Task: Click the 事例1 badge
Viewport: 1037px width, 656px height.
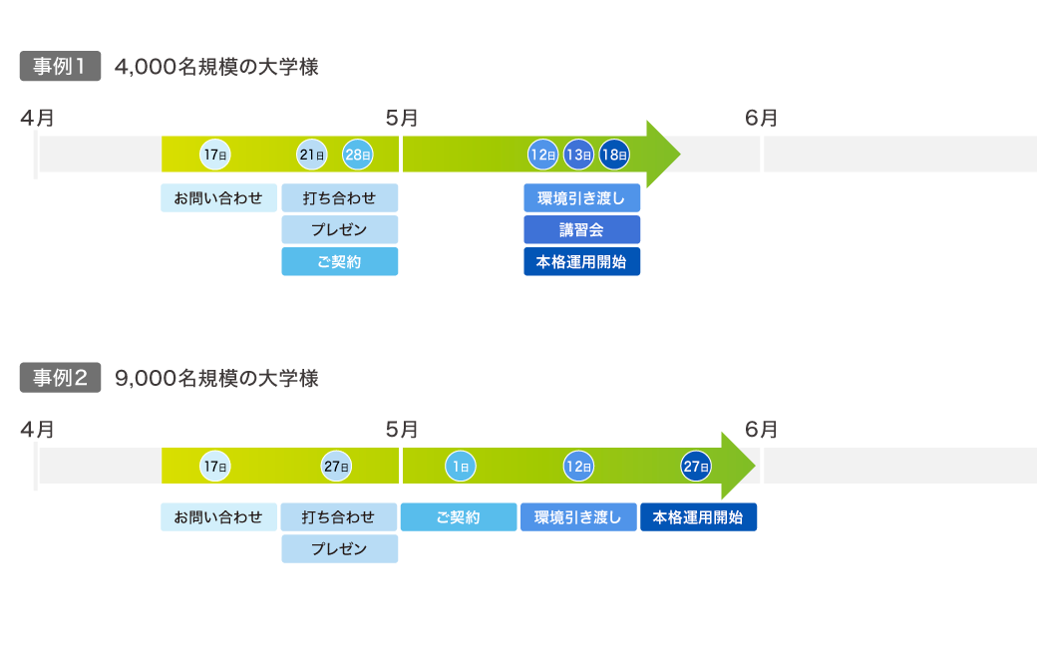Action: point(60,68)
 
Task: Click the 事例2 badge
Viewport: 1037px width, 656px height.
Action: point(60,379)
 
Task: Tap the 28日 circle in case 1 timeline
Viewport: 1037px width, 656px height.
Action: point(358,155)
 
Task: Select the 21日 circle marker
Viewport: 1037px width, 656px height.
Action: point(312,155)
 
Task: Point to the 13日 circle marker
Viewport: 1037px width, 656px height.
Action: point(578,155)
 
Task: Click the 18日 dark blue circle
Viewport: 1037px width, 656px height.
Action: point(614,155)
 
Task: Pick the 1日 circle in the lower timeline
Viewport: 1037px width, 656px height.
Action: point(460,466)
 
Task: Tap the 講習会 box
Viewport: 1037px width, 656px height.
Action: point(581,230)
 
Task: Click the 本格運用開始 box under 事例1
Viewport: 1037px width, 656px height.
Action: point(581,262)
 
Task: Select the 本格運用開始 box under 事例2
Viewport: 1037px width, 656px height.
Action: point(698,517)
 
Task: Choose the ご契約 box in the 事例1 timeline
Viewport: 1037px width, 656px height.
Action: point(339,262)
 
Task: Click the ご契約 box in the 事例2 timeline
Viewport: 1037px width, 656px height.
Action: point(459,517)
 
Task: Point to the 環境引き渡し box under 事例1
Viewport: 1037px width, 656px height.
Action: point(581,198)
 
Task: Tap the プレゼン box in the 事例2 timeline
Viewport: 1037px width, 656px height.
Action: point(339,549)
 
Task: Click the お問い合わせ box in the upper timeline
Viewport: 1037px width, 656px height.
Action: point(218,198)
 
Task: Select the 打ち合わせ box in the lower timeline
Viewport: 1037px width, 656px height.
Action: point(339,517)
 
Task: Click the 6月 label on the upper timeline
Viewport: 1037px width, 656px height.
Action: point(762,119)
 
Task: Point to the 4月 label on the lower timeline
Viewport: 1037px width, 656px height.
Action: point(37,430)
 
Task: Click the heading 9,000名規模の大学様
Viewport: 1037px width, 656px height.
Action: point(217,379)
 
